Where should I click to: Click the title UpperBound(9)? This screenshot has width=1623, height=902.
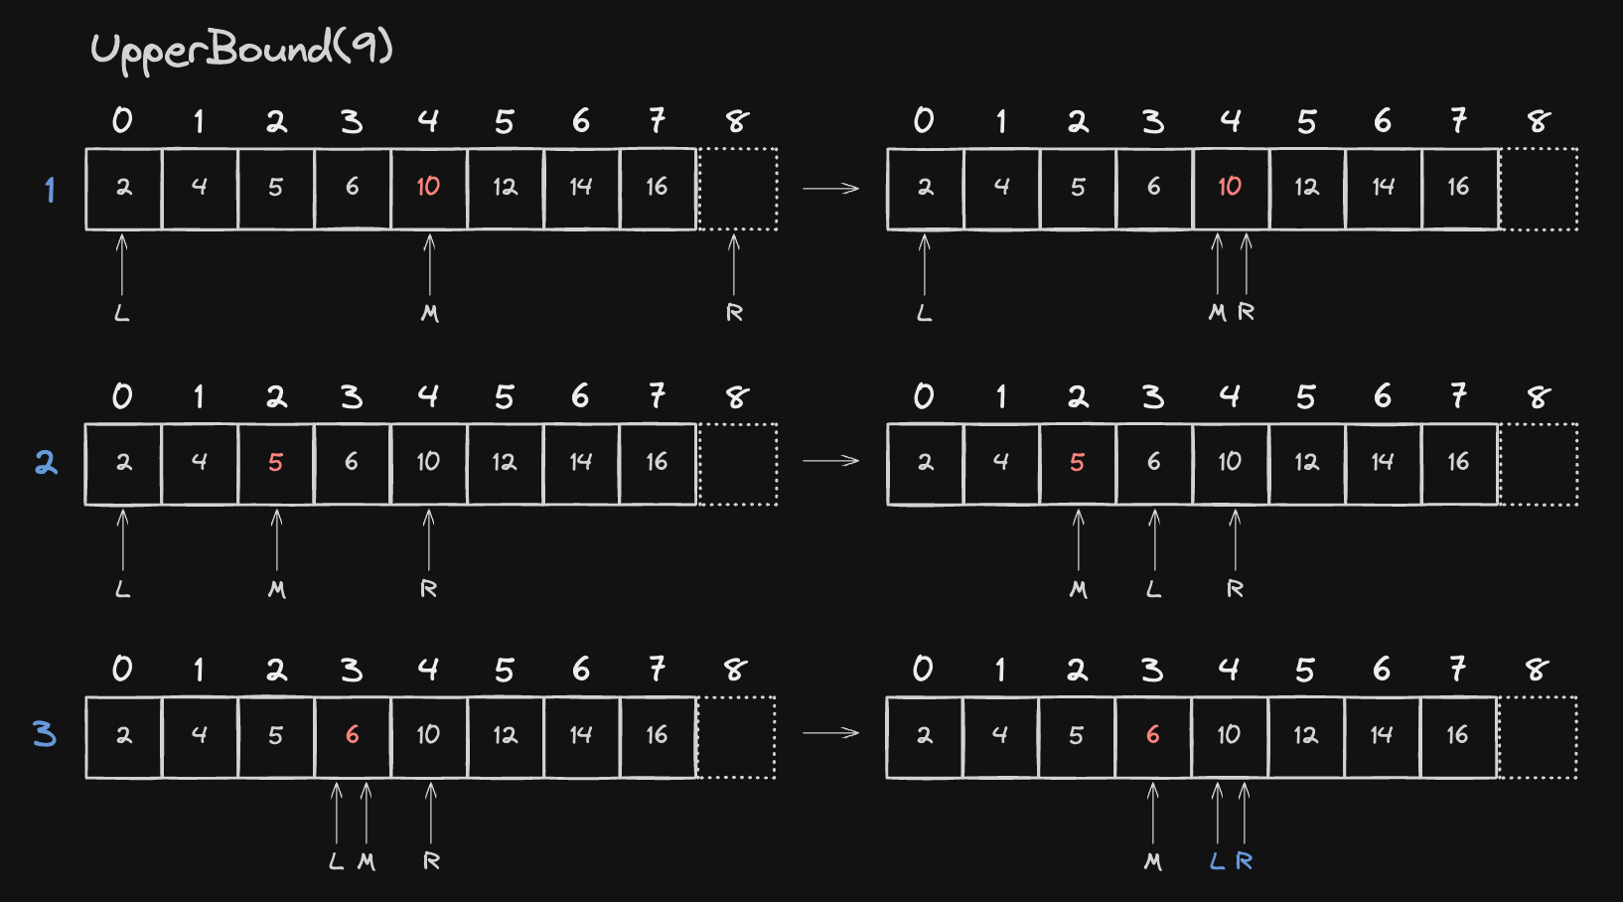[x=242, y=51]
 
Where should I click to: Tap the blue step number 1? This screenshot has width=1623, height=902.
[x=50, y=190]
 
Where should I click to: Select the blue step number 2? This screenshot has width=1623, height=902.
[x=47, y=462]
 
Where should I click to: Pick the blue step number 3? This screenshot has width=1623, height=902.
[x=45, y=735]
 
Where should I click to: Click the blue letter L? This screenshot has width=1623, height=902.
[x=1218, y=861]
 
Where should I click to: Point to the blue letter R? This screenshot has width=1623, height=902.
[x=1244, y=861]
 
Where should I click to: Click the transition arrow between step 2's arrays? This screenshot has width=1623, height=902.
[x=831, y=461]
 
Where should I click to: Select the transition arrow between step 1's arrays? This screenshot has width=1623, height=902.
[x=831, y=189]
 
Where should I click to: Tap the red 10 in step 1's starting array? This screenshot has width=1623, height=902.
[x=428, y=187]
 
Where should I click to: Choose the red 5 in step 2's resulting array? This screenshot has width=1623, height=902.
[x=1078, y=462]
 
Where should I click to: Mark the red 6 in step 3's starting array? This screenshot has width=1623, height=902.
[x=353, y=735]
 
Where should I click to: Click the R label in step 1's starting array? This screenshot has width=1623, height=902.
[x=734, y=313]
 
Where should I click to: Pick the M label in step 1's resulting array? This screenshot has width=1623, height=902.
[x=1218, y=313]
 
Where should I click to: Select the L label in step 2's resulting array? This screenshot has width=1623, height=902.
[x=1154, y=589]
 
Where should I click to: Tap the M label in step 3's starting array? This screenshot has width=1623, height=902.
[x=367, y=862]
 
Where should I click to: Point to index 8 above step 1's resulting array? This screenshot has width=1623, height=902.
[x=1539, y=120]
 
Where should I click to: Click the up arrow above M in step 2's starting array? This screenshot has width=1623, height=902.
[x=276, y=539]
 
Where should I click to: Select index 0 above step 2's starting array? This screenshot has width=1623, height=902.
[x=122, y=396]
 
